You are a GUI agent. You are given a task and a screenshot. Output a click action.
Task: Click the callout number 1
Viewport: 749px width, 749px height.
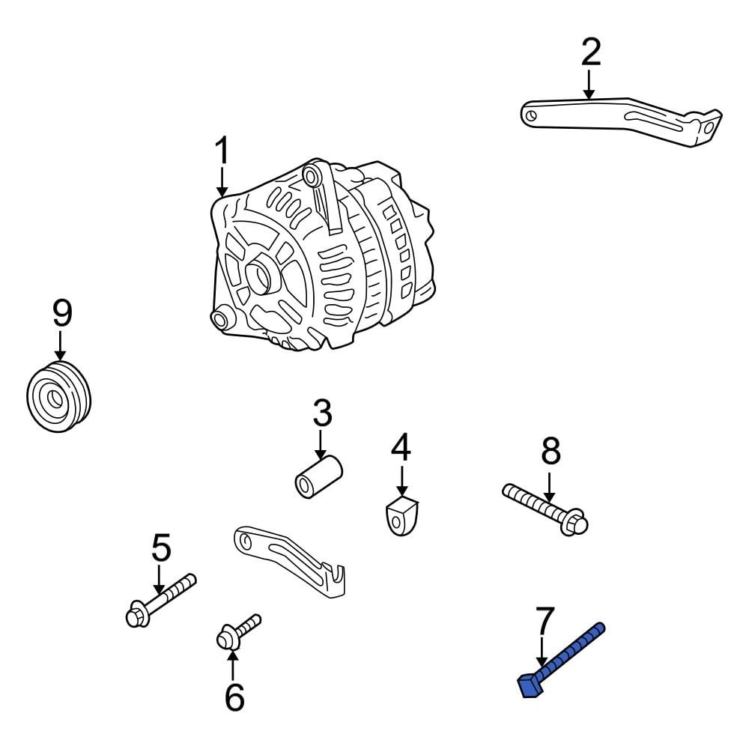(222, 152)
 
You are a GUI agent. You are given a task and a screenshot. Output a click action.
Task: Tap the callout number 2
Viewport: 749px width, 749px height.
(590, 52)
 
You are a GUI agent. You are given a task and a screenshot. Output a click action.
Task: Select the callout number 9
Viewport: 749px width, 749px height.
(61, 314)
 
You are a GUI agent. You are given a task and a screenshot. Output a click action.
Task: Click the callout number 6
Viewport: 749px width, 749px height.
(234, 697)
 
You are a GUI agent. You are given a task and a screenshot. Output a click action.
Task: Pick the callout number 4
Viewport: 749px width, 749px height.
(401, 447)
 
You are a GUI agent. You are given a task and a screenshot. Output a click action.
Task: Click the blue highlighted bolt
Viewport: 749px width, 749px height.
(565, 655)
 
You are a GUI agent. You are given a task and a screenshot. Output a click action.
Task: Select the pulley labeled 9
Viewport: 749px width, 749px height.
(58, 398)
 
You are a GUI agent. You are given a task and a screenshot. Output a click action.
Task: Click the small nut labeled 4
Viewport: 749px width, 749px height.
(402, 516)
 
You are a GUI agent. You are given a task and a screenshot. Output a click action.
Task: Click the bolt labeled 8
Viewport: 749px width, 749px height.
(545, 509)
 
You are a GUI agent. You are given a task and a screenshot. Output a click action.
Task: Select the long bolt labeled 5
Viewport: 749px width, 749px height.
(160, 599)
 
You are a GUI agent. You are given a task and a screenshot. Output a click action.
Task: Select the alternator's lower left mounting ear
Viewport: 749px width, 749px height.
(220, 320)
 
